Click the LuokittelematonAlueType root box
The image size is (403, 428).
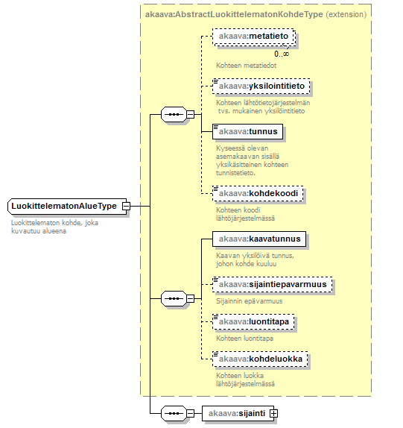67,206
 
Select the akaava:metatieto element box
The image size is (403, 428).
254,37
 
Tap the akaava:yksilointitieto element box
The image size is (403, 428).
261,86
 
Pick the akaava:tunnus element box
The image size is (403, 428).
247,131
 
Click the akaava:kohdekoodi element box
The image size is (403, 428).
258,194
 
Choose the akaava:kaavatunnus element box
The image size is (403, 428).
259,239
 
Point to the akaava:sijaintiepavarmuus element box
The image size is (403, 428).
273,284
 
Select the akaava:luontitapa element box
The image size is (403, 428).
253,322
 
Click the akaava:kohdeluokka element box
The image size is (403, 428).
260,359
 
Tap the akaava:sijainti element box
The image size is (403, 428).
238,413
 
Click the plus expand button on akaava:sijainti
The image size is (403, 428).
273,413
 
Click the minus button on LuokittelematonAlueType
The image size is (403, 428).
126,206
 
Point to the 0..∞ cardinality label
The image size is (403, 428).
282,54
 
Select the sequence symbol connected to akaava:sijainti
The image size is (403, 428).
174,413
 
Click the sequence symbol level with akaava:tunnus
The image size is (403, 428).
174,114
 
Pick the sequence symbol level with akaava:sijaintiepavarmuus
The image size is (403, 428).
174,298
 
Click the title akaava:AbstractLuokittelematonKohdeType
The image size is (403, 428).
234,14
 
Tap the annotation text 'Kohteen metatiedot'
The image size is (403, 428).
247,66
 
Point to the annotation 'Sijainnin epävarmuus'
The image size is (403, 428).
250,301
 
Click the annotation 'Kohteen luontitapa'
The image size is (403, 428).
244,339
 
